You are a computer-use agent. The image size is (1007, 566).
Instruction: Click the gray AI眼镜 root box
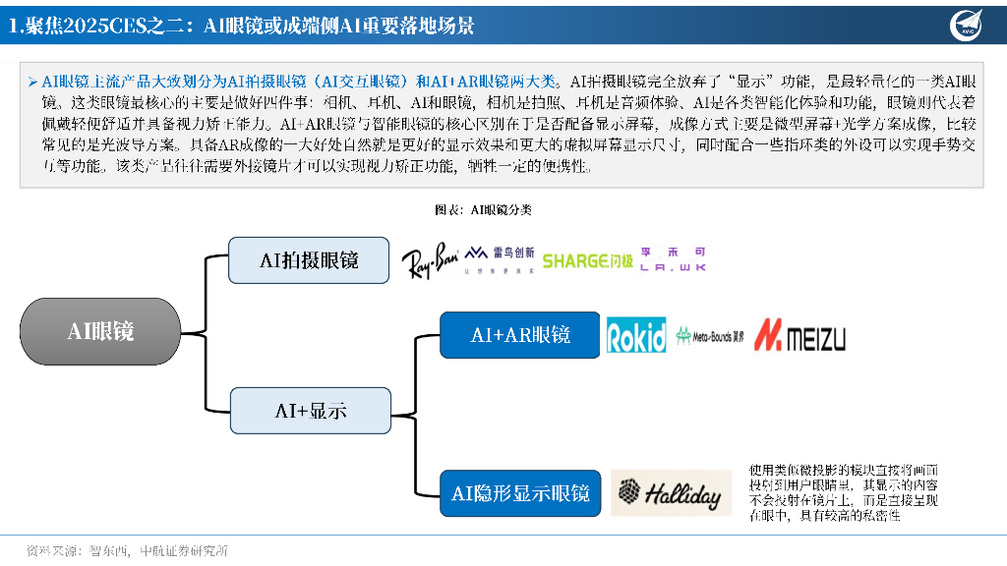[100, 331]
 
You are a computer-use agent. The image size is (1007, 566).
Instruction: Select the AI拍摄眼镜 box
[309, 260]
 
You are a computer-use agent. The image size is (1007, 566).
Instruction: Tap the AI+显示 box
[310, 410]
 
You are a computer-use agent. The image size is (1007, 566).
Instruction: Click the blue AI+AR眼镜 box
[519, 335]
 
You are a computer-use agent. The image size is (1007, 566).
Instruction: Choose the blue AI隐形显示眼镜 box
[519, 493]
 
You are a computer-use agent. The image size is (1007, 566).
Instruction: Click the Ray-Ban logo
[430, 263]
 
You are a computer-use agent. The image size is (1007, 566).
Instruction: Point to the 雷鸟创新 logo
[499, 258]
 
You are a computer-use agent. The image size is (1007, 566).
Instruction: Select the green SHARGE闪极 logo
[587, 260]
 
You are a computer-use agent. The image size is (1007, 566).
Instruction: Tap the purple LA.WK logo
[673, 258]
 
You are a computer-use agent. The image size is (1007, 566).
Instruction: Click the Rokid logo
[636, 335]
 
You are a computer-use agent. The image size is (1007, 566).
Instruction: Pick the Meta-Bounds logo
[710, 336]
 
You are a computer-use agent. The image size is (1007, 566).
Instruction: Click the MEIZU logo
[800, 337]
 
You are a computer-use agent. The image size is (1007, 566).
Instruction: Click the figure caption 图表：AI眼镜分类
[483, 209]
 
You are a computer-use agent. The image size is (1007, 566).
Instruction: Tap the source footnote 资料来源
[128, 550]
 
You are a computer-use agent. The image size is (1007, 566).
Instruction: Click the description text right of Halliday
[843, 492]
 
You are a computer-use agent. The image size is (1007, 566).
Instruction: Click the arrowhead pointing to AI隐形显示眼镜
[435, 493]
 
